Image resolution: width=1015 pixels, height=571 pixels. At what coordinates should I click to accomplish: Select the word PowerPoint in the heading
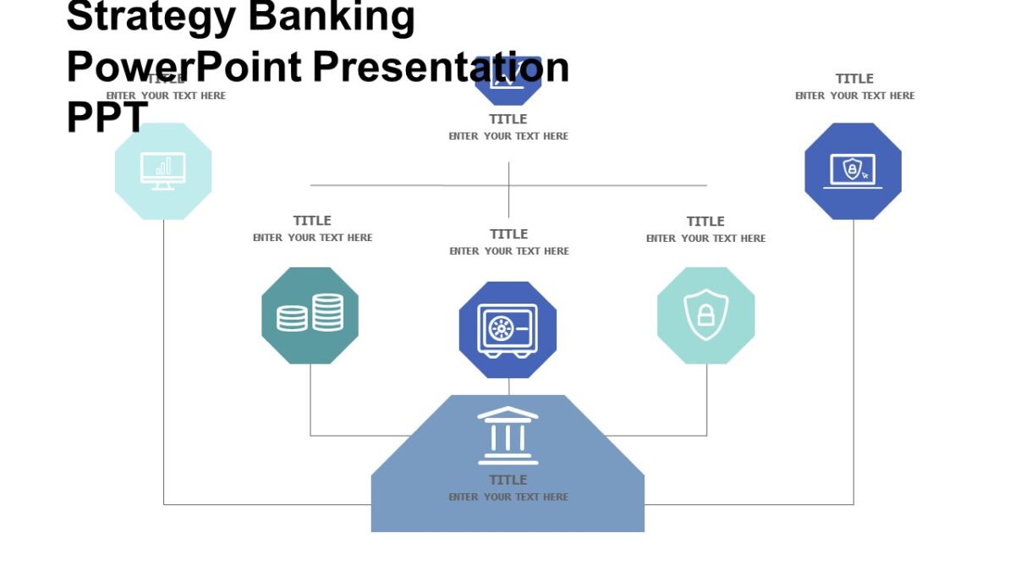tap(184, 67)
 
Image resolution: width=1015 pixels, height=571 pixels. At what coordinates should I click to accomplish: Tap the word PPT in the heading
tap(107, 118)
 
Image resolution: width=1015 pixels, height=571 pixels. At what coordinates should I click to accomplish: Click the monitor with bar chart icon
tap(163, 172)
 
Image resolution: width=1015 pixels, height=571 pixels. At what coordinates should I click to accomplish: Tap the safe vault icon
tap(507, 328)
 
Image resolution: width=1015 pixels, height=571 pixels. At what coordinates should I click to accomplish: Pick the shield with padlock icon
tap(706, 315)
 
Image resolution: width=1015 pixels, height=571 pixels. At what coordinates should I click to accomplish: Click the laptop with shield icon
tap(853, 171)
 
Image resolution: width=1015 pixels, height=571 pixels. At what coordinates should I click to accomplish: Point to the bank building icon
tap(507, 436)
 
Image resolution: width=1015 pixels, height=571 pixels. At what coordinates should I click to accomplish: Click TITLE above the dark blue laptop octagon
tap(854, 79)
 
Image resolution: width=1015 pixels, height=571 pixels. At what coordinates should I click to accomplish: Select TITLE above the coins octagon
tap(312, 221)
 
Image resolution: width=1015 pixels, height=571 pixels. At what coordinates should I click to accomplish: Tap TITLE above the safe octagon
tap(508, 234)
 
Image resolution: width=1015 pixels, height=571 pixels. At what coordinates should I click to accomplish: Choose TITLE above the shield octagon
tap(705, 222)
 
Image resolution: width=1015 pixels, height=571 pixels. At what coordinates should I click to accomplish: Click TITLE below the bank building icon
tap(507, 480)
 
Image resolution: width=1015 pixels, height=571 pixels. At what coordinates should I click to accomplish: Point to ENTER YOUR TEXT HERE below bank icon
tap(508, 497)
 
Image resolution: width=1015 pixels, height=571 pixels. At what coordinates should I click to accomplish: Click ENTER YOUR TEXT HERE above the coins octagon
tap(312, 238)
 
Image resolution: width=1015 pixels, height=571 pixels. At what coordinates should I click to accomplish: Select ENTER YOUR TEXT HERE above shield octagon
tap(705, 239)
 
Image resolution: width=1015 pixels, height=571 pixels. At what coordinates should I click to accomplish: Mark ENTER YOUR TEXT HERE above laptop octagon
tap(854, 96)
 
